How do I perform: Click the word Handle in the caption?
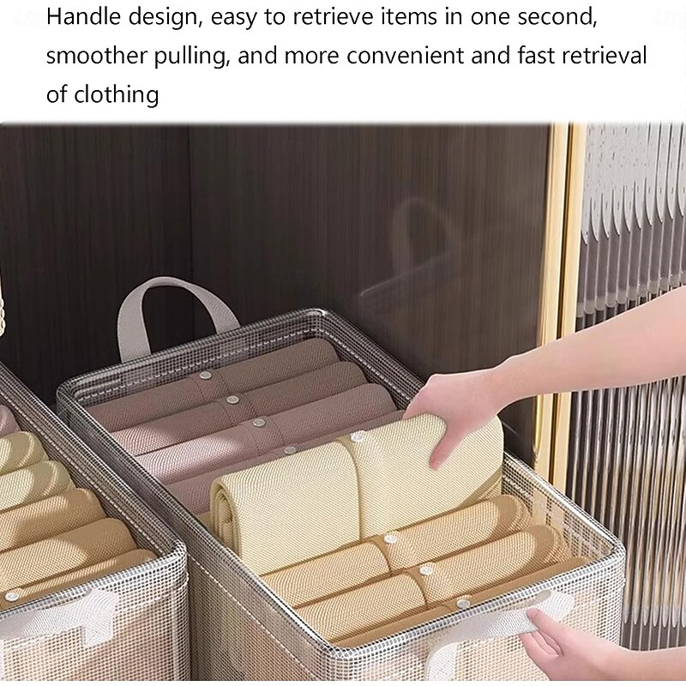[x=83, y=17]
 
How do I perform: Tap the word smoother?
[x=96, y=56]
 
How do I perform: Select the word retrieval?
[x=605, y=56]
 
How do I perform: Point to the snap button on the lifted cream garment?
[x=358, y=436]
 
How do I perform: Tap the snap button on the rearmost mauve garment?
[x=204, y=376]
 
